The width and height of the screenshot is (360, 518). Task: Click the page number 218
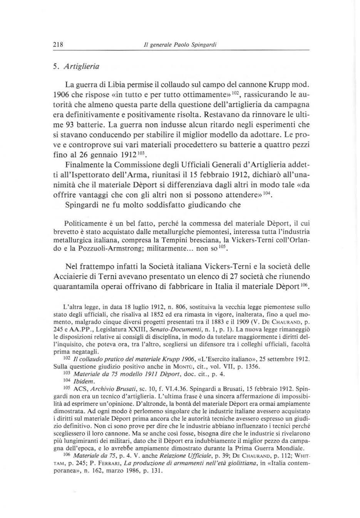58,44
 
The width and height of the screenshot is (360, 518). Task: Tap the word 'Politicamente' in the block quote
86,223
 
